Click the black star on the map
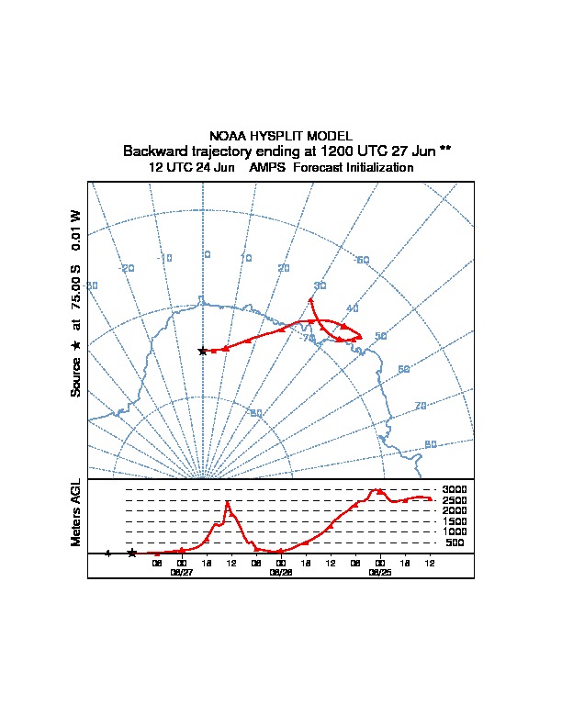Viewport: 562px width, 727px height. coord(203,351)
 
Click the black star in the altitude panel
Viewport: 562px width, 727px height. coord(132,553)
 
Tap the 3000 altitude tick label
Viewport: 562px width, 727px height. coord(455,489)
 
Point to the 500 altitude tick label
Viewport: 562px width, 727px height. coord(455,542)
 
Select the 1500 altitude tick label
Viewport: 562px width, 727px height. coord(455,521)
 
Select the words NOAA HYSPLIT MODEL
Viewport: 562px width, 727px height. coord(280,136)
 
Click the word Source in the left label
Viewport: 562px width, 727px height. coord(77,376)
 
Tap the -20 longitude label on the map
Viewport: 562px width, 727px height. coord(128,268)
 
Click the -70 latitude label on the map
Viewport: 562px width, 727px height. coord(308,339)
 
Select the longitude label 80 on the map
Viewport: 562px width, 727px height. coord(431,444)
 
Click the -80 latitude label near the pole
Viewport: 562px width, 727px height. coord(256,413)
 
